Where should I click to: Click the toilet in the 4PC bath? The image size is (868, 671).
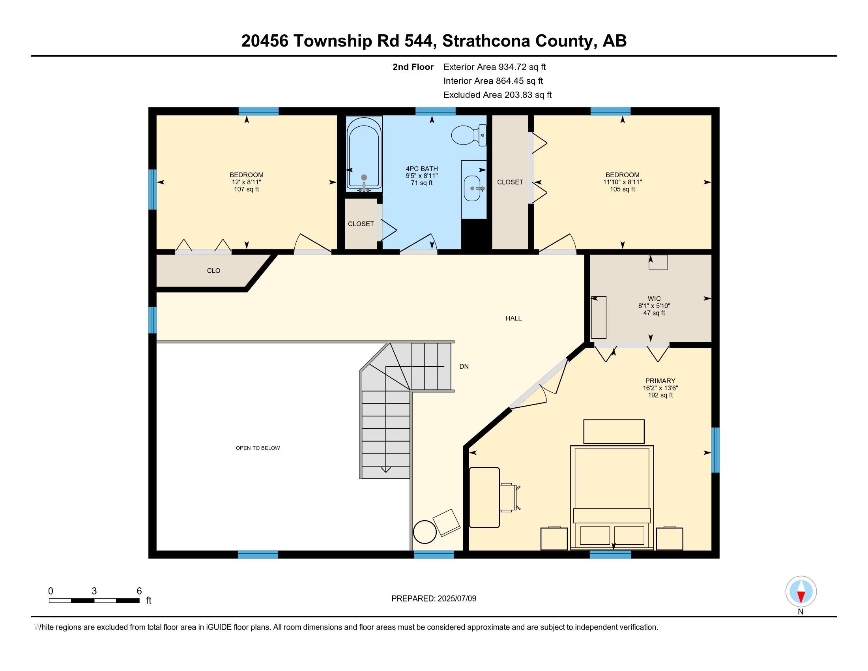click(x=468, y=135)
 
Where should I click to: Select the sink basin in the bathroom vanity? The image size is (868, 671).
click(x=473, y=188)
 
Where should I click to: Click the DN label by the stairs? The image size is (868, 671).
click(x=464, y=367)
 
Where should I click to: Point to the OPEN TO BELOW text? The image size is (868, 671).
click(x=258, y=448)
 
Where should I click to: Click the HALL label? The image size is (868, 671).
click(x=513, y=318)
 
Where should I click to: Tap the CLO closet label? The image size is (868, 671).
click(x=213, y=271)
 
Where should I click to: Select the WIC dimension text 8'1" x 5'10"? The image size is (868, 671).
click(x=654, y=306)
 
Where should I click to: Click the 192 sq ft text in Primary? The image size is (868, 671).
click(x=660, y=395)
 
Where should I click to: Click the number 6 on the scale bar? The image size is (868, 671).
click(x=139, y=591)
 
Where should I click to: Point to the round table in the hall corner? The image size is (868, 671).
click(x=425, y=532)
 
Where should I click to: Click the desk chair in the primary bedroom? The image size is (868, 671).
click(x=509, y=497)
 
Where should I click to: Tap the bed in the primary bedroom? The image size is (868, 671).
click(x=612, y=497)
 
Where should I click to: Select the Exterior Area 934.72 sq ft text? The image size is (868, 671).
click(x=494, y=67)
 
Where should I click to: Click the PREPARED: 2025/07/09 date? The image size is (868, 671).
click(x=434, y=599)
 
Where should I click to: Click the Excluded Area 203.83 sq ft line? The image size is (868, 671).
click(x=497, y=95)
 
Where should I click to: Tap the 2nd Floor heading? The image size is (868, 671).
click(x=413, y=67)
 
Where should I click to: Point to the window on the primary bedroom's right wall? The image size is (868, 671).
click(x=715, y=450)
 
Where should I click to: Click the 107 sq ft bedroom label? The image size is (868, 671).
click(x=246, y=189)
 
